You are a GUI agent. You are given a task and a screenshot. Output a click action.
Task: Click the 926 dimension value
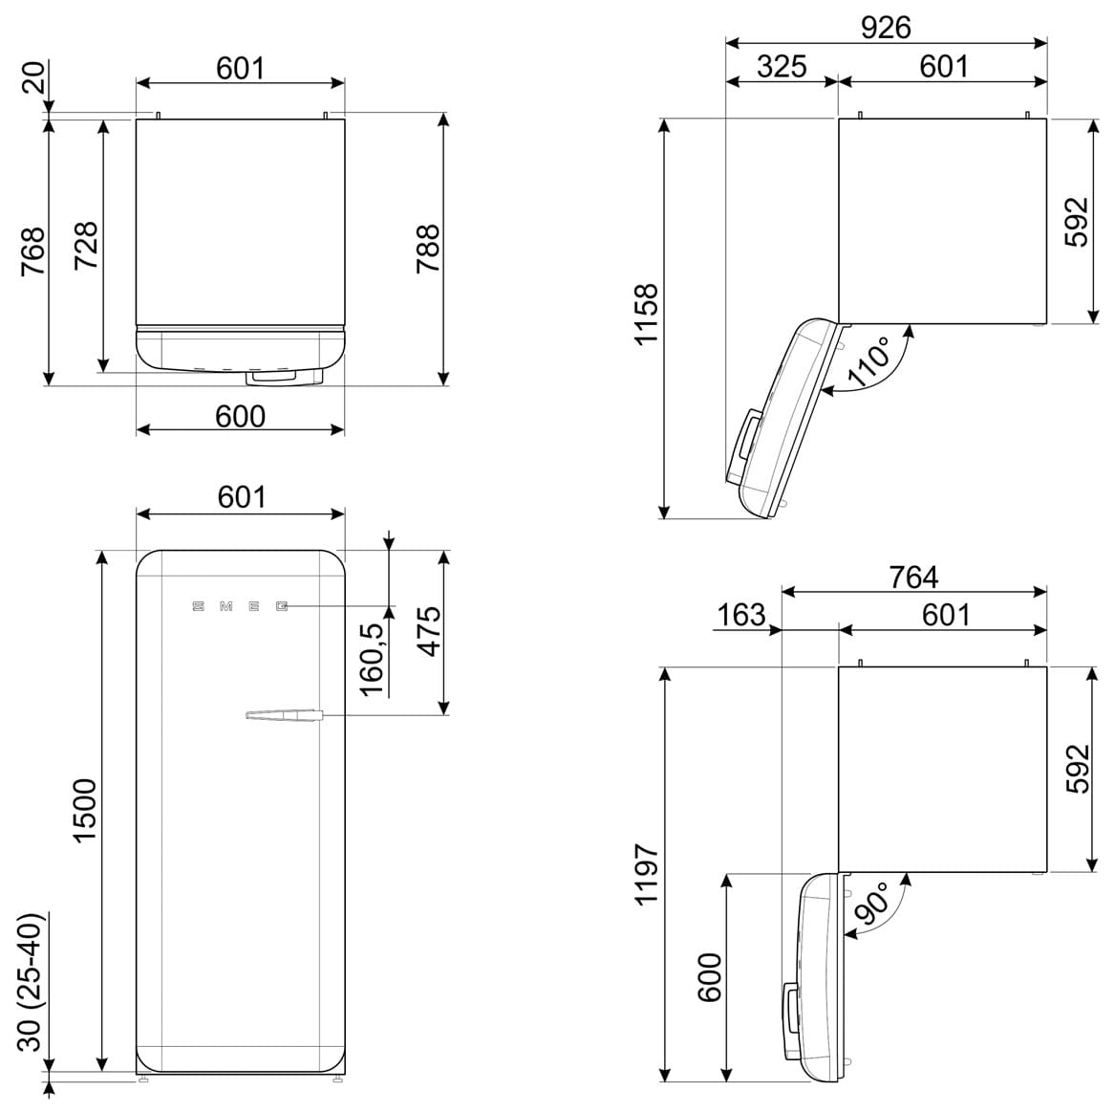tap(886, 27)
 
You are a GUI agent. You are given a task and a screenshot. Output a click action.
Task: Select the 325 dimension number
tap(782, 66)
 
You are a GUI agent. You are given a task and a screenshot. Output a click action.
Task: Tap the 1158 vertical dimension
tap(647, 316)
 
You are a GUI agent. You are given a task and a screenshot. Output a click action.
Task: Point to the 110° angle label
tap(869, 361)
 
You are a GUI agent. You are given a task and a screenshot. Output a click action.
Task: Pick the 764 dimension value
tap(913, 577)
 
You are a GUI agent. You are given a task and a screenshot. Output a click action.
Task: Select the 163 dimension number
tap(741, 616)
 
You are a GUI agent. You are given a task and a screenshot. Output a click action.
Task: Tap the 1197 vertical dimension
tap(647, 874)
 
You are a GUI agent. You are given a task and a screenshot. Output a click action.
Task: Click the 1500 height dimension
tap(85, 811)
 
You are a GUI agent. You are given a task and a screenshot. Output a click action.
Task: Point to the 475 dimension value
tap(429, 631)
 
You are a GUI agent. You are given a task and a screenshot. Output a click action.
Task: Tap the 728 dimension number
tap(87, 246)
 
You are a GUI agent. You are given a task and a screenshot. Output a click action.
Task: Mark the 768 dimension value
tap(32, 251)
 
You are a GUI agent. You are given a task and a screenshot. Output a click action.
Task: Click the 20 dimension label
tap(32, 77)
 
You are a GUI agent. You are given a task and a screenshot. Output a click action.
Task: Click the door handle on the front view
tap(284, 715)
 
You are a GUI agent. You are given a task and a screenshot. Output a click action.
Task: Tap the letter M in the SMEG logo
tap(226, 606)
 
